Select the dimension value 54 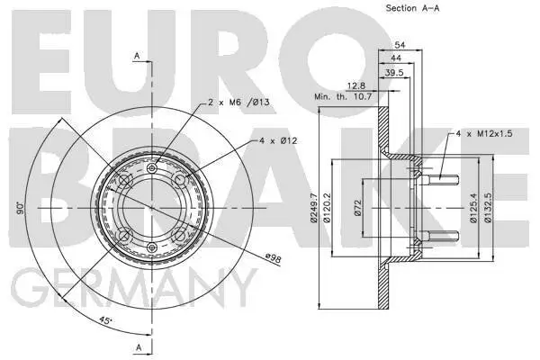click(401, 43)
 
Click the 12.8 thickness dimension click(346, 85)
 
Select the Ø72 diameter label click(356, 211)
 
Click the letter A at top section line click(137, 56)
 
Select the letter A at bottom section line click(137, 346)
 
